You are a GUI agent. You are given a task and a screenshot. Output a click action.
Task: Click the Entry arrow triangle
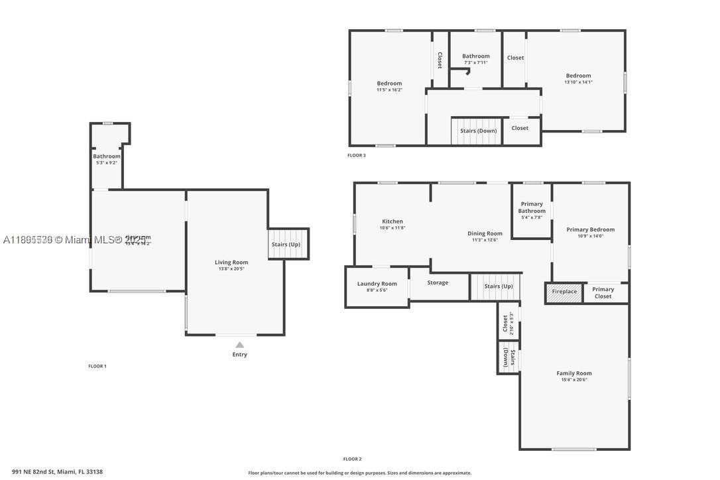[239, 345]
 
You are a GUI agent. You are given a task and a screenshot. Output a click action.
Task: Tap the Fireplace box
[564, 292]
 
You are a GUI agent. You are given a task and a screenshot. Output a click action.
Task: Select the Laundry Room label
[377, 284]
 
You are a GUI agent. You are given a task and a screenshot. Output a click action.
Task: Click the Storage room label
[438, 282]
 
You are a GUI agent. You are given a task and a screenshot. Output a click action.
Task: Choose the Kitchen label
[392, 221]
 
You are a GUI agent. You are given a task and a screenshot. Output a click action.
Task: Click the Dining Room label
[485, 233]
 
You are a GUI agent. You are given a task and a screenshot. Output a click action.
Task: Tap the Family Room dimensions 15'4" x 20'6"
[573, 380]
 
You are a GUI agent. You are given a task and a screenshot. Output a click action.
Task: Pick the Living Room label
[231, 263]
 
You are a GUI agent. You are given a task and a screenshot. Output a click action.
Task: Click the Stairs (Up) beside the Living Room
[286, 244]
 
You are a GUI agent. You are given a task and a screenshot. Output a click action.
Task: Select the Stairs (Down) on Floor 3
[478, 131]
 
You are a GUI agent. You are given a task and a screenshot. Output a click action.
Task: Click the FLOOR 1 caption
[97, 366]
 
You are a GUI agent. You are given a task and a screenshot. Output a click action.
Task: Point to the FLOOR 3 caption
[356, 156]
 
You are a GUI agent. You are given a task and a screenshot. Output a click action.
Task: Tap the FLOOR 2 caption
[352, 459]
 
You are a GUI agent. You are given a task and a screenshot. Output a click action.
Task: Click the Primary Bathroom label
[532, 207]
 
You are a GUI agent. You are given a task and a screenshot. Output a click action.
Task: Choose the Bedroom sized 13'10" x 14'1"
[578, 76]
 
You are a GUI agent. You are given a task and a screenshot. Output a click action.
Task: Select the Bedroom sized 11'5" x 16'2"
[389, 84]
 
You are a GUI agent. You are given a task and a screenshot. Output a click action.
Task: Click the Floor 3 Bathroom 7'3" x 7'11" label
[475, 56]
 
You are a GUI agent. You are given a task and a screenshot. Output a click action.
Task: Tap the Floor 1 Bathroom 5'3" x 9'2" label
[106, 156]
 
